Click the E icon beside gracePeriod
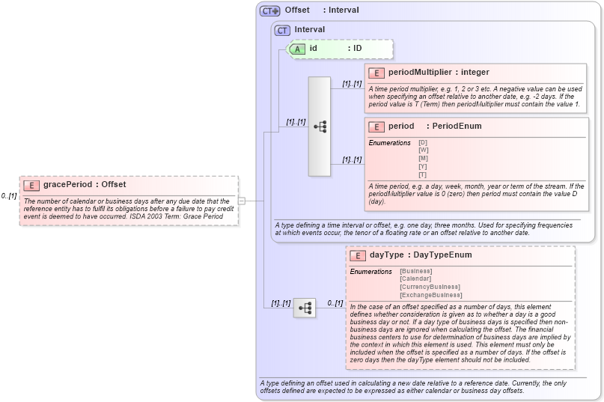click(31, 185)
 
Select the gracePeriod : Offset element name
click(85, 185)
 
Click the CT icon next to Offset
click(269, 10)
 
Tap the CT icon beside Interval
click(282, 30)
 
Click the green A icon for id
click(298, 49)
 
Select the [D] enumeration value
click(423, 142)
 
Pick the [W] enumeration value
click(423, 150)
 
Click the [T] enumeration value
click(423, 174)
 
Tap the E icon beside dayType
click(358, 255)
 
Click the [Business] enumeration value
click(416, 271)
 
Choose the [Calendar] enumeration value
click(415, 278)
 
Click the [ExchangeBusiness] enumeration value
click(430, 295)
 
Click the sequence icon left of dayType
click(305, 308)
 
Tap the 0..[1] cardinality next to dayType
click(335, 303)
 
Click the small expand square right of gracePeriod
click(242, 201)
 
